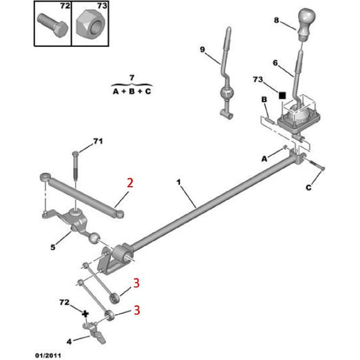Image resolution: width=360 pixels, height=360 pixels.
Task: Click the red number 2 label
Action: [x=130, y=183]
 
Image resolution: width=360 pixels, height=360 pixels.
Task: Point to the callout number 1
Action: [x=179, y=182]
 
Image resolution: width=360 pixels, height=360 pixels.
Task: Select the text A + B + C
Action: [x=132, y=91]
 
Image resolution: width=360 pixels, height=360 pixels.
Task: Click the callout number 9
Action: [x=202, y=50]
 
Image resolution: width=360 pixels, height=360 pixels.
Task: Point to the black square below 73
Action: [x=283, y=95]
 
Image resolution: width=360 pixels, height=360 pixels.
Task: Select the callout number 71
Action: [x=97, y=141]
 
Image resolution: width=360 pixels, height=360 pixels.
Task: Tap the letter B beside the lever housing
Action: [x=263, y=100]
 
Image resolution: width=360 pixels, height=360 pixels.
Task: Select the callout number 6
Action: [x=275, y=63]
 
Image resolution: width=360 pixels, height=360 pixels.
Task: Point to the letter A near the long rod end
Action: [x=263, y=158]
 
